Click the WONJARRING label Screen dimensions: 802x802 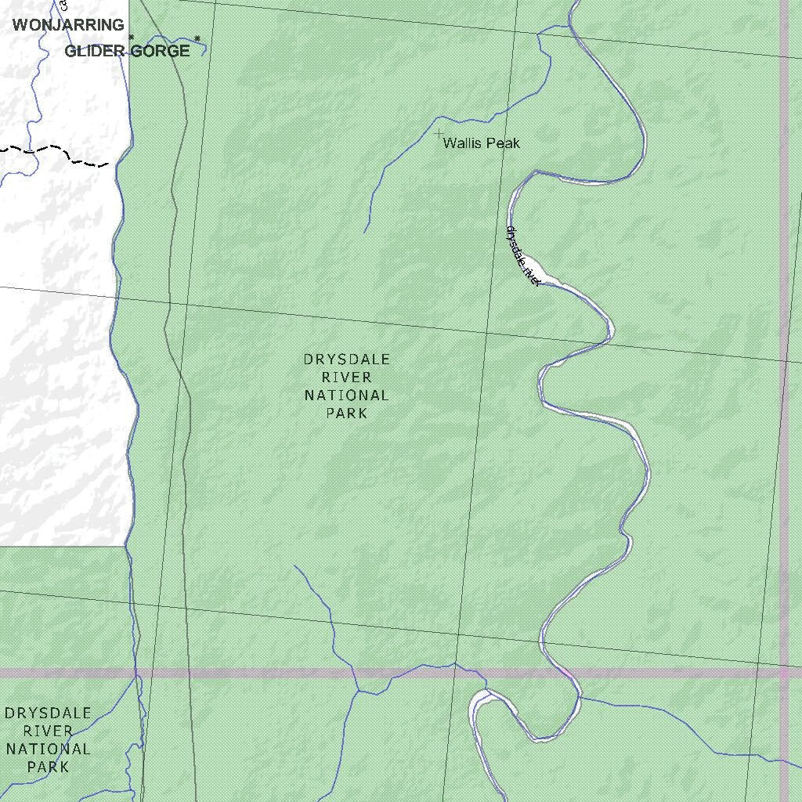coord(68,25)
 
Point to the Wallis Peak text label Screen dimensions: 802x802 coord(481,143)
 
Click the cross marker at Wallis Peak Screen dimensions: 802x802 coord(439,134)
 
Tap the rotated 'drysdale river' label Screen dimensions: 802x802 coord(522,255)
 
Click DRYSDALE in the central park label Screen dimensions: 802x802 coord(346,359)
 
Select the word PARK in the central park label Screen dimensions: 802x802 coord(346,413)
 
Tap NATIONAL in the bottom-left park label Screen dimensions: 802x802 coord(48,749)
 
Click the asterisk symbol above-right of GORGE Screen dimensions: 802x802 coord(197,38)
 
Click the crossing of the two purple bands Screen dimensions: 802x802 coord(784,673)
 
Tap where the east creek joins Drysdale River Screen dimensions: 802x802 coord(580,696)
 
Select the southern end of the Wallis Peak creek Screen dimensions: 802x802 coord(365,232)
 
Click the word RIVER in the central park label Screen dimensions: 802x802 coord(346,378)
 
